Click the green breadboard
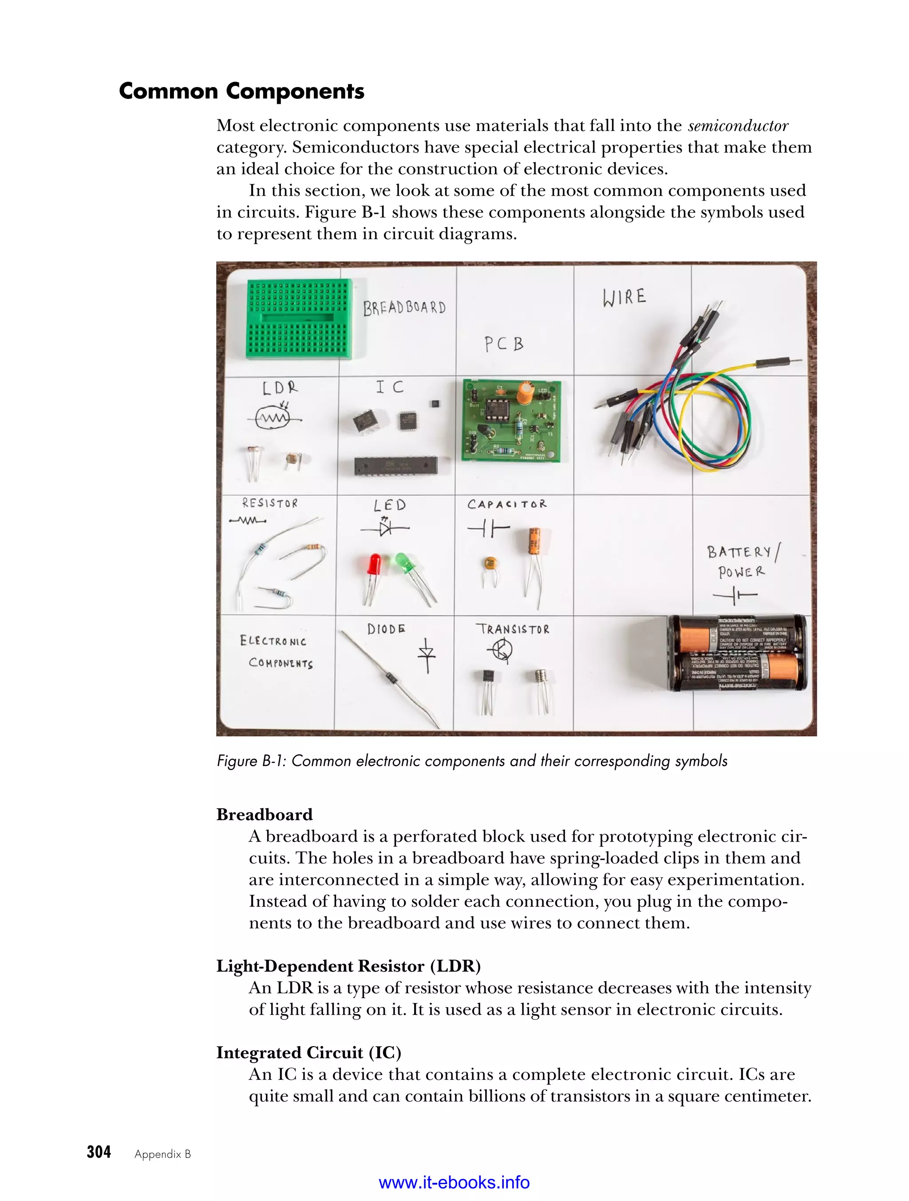[299, 319]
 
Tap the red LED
[374, 566]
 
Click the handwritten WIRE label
[624, 297]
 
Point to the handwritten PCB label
[504, 344]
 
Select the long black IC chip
[395, 465]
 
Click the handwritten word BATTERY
[739, 552]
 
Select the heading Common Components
[241, 91]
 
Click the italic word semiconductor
[738, 126]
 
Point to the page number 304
[99, 1152]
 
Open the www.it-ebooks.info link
[454, 1182]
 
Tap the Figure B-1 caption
[472, 761]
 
